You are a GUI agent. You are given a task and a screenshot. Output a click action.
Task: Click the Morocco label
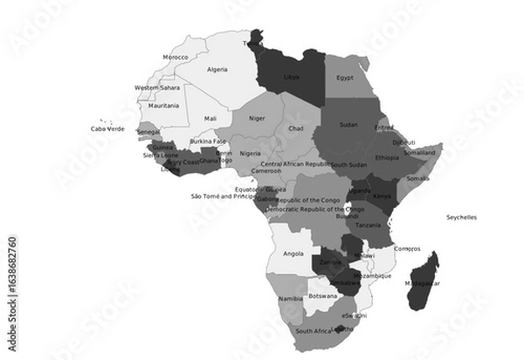pos(176,58)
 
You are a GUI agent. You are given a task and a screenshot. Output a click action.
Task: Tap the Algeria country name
pos(217,69)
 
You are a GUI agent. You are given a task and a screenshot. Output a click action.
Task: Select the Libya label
pos(292,77)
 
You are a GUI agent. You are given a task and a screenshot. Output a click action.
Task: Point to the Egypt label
pos(345,77)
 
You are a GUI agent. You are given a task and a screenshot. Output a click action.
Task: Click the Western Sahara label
pos(158,87)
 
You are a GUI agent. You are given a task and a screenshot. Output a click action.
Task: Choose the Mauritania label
pos(163,106)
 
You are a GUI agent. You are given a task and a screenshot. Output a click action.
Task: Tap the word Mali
pos(210,118)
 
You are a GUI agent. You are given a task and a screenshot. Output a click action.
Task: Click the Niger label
pos(257,118)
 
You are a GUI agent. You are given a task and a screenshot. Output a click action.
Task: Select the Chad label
pos(295,128)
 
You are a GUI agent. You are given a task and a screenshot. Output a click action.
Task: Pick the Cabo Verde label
pos(108,128)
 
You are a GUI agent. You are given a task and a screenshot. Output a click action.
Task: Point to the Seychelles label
pos(462,217)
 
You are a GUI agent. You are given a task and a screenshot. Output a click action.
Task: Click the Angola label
pos(293,253)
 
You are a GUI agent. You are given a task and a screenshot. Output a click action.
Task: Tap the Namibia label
pos(290,299)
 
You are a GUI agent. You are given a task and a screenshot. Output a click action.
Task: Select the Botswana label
pos(323,295)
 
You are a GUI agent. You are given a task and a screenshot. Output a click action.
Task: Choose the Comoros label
pos(407,248)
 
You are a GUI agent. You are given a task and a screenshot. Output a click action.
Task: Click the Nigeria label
pos(250,153)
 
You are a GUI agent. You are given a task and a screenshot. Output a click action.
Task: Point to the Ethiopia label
pos(387,158)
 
